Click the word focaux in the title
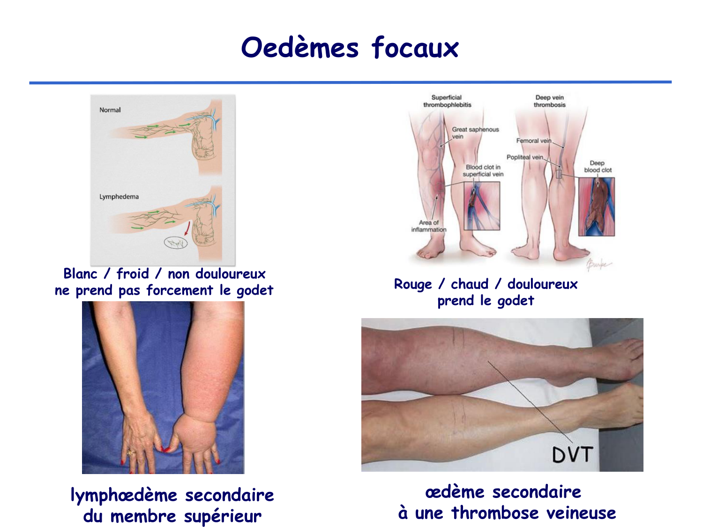pos(415,48)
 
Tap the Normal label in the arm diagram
pos(110,110)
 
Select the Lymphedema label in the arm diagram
pos(119,197)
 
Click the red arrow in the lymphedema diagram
pos(187,228)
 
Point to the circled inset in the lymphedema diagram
pos(176,243)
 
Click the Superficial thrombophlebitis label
pos(447,101)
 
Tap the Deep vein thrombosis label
pos(549,101)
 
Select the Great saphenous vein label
pos(475,133)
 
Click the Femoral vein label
pos(533,141)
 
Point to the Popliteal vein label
pos(524,157)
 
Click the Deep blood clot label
pos(598,167)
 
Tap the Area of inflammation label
pos(428,226)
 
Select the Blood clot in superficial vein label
pos(483,171)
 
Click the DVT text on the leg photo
pos(573,454)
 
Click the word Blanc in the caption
pos(80,274)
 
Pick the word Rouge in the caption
pos(412,284)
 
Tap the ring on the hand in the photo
pos(132,453)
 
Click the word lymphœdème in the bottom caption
pos(124,495)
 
